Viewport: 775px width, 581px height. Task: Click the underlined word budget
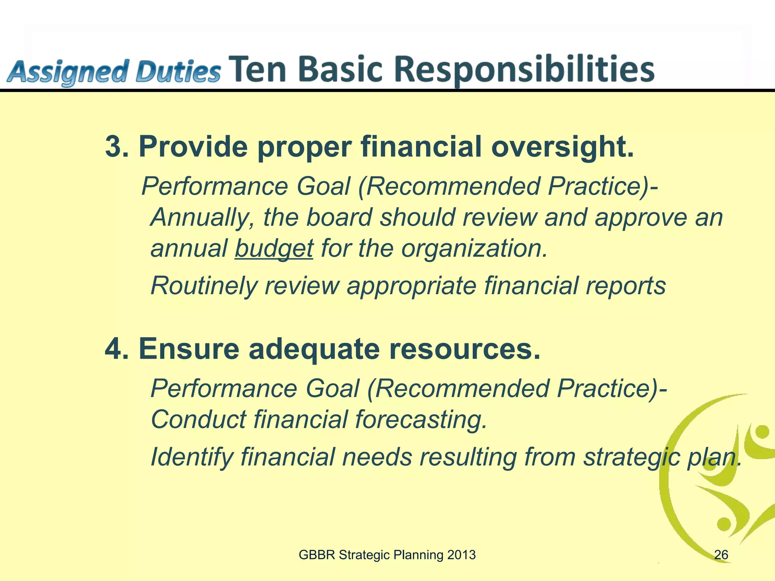click(274, 249)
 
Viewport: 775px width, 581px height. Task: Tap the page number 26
click(721, 555)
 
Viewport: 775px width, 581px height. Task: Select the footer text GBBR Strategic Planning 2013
click(387, 555)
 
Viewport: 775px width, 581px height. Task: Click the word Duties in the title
click(178, 72)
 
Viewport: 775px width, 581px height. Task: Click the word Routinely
click(204, 286)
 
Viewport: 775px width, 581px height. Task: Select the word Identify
click(191, 457)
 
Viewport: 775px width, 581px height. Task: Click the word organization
click(474, 249)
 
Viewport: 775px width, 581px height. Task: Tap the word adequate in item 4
click(314, 349)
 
